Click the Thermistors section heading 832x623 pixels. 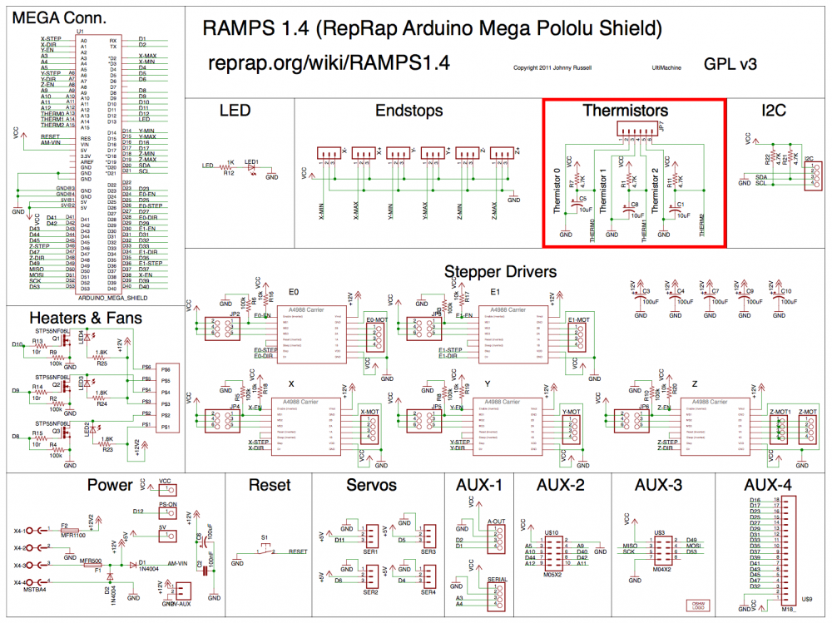pyautogui.click(x=636, y=111)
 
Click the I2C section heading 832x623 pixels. pyautogui.click(x=773, y=111)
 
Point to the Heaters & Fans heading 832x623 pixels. pyautogui.click(x=86, y=318)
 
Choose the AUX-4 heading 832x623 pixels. pyautogui.click(x=774, y=485)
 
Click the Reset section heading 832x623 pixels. pyautogui.click(x=270, y=485)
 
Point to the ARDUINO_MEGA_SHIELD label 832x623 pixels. pyautogui.click(x=112, y=297)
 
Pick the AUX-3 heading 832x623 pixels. pyautogui.click(x=659, y=485)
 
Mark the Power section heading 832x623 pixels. pyautogui.click(x=110, y=485)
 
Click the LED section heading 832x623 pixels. pyautogui.click(x=235, y=111)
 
